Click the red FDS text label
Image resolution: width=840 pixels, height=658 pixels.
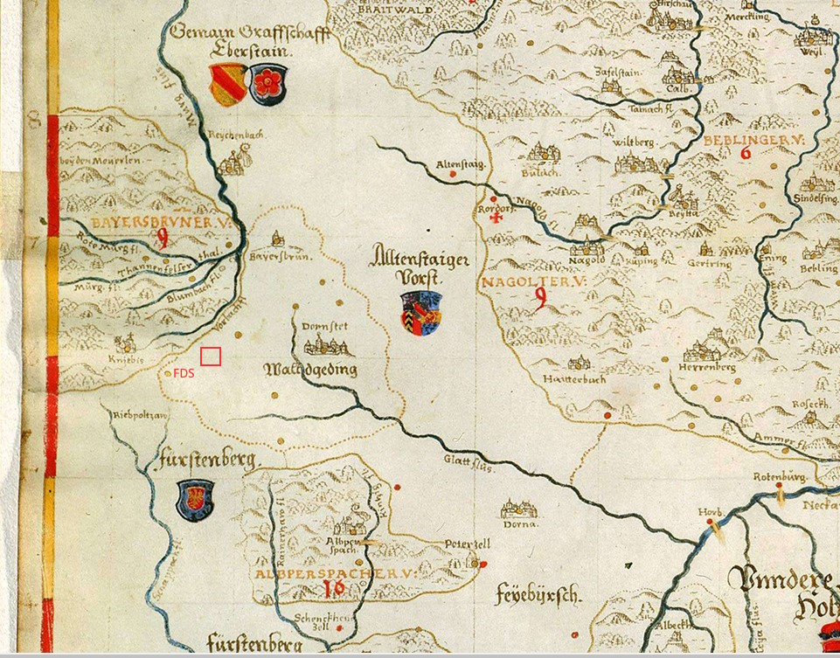tap(184, 373)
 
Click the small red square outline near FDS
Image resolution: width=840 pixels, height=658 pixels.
tap(210, 357)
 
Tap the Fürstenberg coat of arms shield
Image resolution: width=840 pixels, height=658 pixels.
tap(194, 499)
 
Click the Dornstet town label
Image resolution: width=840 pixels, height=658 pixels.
tap(324, 326)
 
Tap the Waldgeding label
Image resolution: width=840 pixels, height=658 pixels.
tap(310, 371)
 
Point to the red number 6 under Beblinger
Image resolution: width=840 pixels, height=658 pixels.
tap(746, 153)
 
